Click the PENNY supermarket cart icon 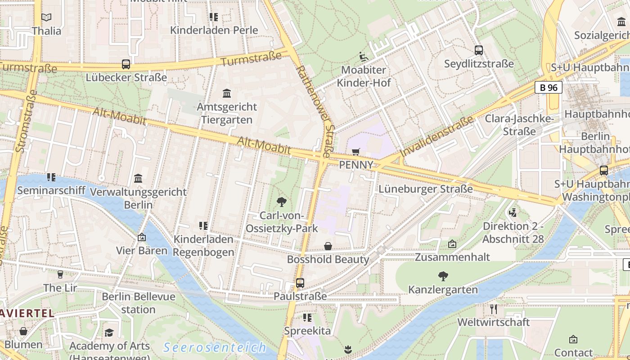(356, 152)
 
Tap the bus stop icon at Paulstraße (300, 283)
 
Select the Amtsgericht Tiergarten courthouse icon (227, 94)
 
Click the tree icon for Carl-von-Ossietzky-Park (282, 202)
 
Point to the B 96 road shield (548, 87)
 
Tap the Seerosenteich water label (215, 347)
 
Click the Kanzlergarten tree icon (443, 276)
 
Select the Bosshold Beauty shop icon (328, 246)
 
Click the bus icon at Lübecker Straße (126, 64)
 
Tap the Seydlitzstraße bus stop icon (479, 50)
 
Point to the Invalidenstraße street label (436, 136)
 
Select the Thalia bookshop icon (46, 18)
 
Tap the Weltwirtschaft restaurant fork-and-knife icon (494, 309)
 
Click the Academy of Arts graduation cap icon (109, 333)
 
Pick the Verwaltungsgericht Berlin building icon (138, 179)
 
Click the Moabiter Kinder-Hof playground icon (364, 57)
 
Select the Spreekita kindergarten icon (307, 318)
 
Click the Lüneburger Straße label (425, 189)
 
